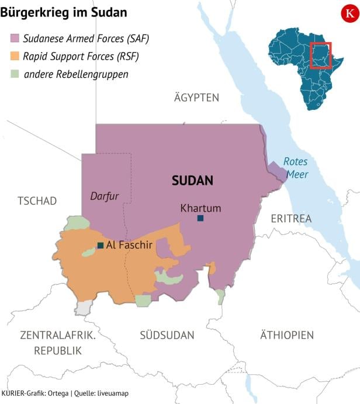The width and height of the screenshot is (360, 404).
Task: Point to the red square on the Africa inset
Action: coord(320,55)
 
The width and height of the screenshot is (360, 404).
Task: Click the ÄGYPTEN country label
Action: coord(196,98)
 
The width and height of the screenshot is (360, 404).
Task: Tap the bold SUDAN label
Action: coord(192,181)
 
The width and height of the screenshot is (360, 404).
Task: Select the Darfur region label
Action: coord(105,196)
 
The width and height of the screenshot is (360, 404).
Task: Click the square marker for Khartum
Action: coord(200,218)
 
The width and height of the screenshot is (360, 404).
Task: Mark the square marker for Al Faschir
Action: coord(101,245)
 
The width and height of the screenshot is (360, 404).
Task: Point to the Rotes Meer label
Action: coord(296,168)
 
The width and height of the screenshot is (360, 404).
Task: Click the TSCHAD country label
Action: coord(37,201)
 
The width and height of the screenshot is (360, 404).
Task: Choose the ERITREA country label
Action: coord(291,218)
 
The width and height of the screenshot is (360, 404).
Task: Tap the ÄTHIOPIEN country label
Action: coord(286,335)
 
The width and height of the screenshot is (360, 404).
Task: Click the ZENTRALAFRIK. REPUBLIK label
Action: coord(57,343)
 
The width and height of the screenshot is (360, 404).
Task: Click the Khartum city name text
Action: coord(200,208)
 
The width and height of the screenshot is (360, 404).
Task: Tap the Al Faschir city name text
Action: coord(129,245)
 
